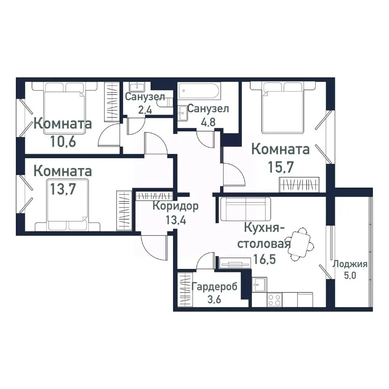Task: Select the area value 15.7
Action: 280,166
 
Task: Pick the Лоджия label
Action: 350,265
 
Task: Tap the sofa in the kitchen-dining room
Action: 246,208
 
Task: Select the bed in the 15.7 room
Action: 282,107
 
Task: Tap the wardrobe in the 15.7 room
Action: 300,184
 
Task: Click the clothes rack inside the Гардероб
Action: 185,291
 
